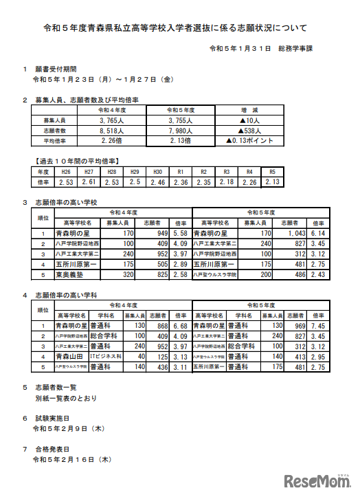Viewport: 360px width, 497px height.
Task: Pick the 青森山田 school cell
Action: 69,357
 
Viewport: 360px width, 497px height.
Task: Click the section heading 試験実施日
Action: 52,417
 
